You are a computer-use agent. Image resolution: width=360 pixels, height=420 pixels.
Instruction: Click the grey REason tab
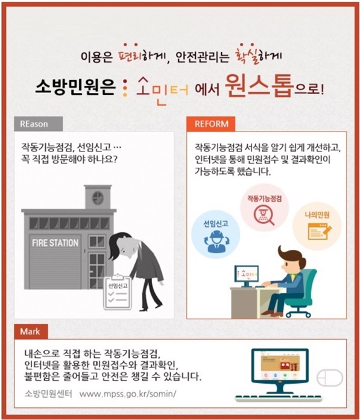pos(38,124)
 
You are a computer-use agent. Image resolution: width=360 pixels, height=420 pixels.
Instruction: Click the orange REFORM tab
pos(211,124)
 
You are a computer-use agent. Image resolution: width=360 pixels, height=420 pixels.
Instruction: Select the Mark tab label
pos(31,331)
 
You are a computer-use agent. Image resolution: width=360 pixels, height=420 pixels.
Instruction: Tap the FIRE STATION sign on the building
pos(55,243)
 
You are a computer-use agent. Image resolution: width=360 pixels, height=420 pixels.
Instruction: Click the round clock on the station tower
pos(98,198)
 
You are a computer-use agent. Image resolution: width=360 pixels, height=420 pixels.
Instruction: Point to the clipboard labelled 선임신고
pos(117,293)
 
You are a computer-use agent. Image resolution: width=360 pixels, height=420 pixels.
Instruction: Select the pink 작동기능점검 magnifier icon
pos(265,208)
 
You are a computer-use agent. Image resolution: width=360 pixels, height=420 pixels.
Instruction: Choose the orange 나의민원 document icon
pos(317,226)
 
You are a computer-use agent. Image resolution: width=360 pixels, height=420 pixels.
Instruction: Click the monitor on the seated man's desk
pos(247,275)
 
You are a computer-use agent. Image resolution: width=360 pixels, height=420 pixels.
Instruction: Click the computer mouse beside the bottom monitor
pos(329,377)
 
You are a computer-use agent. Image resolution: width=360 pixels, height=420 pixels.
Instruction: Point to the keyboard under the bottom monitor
pos(279,398)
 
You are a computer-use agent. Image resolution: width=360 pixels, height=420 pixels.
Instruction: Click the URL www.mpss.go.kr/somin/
pos(128,394)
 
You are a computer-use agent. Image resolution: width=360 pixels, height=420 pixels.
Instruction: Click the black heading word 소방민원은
pos(75,86)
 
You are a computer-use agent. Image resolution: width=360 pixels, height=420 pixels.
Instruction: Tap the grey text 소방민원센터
pos(48,393)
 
